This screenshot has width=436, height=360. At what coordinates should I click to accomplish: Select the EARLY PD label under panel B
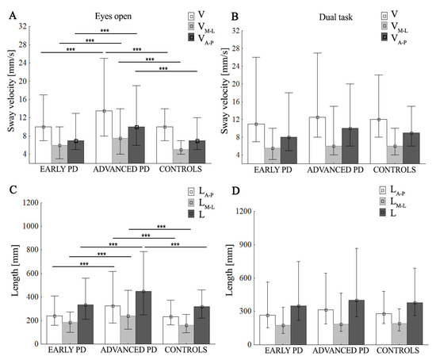coord(270,170)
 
